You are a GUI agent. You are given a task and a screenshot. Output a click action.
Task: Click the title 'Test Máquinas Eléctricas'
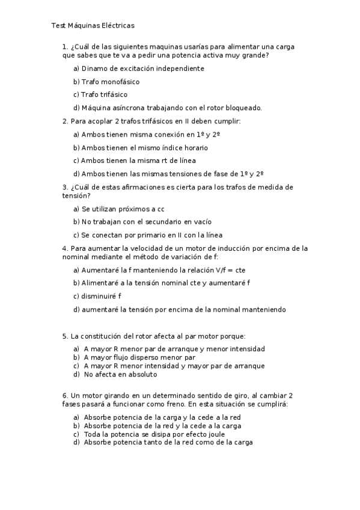[x=93, y=26]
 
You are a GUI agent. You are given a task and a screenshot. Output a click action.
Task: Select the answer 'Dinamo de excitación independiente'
[x=138, y=69]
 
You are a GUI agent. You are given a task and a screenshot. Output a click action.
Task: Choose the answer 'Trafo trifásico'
[x=100, y=94]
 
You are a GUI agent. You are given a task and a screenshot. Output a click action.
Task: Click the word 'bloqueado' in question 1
[x=244, y=108]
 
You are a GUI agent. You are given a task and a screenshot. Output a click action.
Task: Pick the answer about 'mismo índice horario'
[x=141, y=147]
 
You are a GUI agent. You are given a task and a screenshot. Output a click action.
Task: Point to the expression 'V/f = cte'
[x=232, y=270]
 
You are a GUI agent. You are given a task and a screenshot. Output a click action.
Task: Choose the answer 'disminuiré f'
[x=97, y=296]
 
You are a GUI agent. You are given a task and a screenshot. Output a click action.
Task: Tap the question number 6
[x=65, y=396]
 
